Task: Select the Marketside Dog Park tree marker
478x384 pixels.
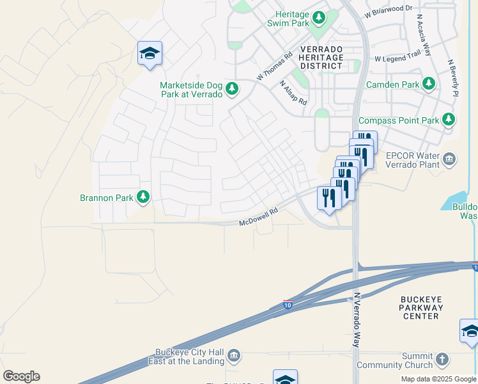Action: point(233,88)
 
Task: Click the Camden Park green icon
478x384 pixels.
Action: point(428,84)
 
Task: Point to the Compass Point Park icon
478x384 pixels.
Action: point(449,120)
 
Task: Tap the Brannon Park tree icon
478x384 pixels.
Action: point(143,197)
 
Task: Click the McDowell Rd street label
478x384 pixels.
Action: point(259,221)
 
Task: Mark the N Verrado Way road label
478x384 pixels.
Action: point(357,320)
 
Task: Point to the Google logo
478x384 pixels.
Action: point(21,376)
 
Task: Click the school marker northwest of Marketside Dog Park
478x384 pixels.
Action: point(150,54)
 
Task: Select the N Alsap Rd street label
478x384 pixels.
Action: point(293,93)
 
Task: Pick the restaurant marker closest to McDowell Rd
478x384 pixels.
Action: point(329,198)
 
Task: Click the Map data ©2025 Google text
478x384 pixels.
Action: point(438,379)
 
